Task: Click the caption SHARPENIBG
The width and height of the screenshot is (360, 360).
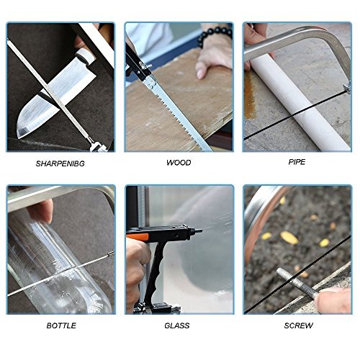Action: click(60, 163)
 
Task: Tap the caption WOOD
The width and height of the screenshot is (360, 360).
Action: click(179, 163)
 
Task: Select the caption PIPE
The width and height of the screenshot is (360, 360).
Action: click(297, 162)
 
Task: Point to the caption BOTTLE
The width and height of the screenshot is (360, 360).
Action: click(61, 325)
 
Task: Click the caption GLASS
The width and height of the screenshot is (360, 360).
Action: click(177, 325)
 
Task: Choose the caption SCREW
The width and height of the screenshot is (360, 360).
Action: click(299, 325)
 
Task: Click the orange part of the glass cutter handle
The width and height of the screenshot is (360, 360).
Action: click(138, 238)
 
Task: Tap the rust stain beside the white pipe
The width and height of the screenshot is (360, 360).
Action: click(250, 96)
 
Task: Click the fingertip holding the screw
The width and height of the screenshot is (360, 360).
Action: click(333, 300)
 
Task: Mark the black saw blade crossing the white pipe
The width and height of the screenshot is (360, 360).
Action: click(297, 115)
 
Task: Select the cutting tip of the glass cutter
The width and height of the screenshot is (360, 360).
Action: click(198, 231)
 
